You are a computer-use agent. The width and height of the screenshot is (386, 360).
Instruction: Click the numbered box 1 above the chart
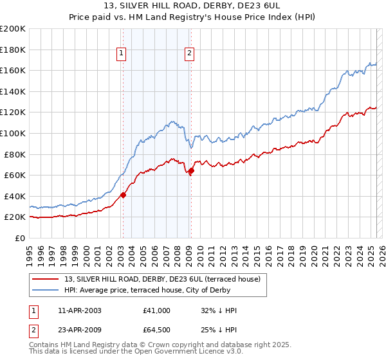pyautogui.click(x=122, y=54)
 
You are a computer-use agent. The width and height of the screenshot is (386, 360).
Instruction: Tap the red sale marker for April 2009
pyautogui.click(x=191, y=170)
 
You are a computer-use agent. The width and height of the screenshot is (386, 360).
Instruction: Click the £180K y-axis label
pyautogui.click(x=13, y=50)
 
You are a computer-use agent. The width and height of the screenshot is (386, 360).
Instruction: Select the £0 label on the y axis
pyautogui.click(x=20, y=238)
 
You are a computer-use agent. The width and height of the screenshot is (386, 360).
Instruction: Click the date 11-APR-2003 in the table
pyautogui.click(x=79, y=310)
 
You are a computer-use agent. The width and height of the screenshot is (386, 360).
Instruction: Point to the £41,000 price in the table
pyautogui.click(x=157, y=310)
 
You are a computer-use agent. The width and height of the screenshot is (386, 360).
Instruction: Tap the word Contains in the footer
pyautogui.click(x=44, y=345)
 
